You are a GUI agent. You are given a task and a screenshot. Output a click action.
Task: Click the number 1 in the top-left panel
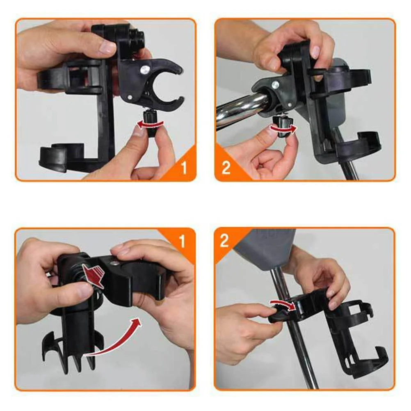[x=183, y=168]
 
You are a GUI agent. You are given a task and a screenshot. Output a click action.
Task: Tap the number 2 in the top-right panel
[x=226, y=168]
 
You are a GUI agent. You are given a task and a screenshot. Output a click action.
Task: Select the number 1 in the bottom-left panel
[x=182, y=242]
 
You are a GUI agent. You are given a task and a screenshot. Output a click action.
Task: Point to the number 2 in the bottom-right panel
[x=224, y=241]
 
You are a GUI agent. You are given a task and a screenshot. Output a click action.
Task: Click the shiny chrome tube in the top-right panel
[x=237, y=107]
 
